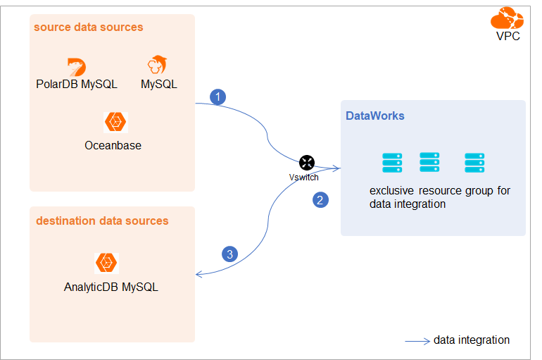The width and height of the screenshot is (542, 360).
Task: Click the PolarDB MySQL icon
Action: pyautogui.click(x=76, y=67)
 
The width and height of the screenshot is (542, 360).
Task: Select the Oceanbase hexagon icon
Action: pyautogui.click(x=115, y=123)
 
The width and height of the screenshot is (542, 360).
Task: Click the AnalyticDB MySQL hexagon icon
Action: pyautogui.click(x=107, y=263)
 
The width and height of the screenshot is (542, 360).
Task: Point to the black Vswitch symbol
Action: pyautogui.click(x=306, y=162)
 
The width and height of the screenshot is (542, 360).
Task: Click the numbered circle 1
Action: pyautogui.click(x=218, y=97)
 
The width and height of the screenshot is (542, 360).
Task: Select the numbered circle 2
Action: pyautogui.click(x=320, y=200)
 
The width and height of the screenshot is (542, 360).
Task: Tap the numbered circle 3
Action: pyautogui.click(x=229, y=254)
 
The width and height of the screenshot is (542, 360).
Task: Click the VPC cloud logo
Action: pyautogui.click(x=507, y=17)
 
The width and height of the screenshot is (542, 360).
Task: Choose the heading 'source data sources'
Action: pyautogui.click(x=88, y=27)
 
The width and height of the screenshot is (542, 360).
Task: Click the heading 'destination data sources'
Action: pyautogui.click(x=102, y=221)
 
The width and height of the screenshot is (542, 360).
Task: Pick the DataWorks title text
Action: pyautogui.click(x=374, y=116)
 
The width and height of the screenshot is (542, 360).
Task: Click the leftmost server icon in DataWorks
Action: pyautogui.click(x=392, y=163)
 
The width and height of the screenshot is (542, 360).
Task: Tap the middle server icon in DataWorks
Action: pyautogui.click(x=430, y=163)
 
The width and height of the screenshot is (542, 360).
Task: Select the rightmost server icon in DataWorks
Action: pyautogui.click(x=474, y=163)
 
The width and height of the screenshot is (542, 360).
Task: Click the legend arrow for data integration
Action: pyautogui.click(x=417, y=342)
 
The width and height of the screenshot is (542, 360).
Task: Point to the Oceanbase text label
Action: pyautogui.click(x=113, y=146)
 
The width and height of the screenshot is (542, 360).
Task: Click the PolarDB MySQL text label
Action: pyautogui.click(x=77, y=85)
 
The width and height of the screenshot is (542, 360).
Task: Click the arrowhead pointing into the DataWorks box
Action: pyautogui.click(x=337, y=168)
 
